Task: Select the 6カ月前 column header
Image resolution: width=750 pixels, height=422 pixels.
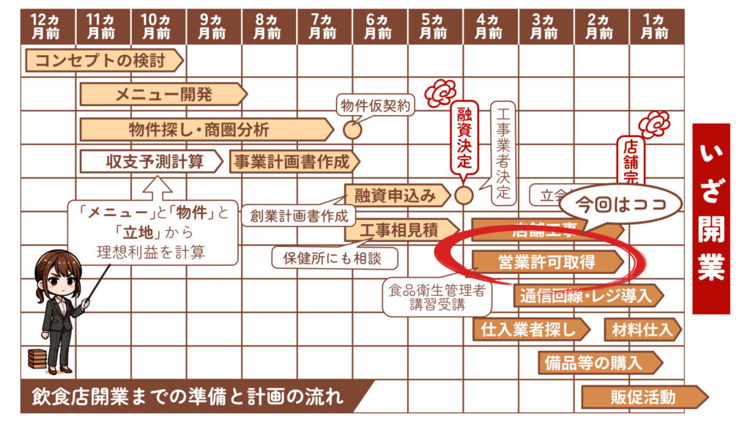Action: [x=379, y=26]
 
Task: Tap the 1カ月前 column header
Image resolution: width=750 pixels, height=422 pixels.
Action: [x=656, y=26]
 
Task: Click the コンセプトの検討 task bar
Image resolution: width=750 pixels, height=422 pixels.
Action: [x=103, y=61]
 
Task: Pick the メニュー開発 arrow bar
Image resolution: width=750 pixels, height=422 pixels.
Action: [x=163, y=94]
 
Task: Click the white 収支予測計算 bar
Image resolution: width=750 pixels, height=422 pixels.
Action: [x=153, y=161]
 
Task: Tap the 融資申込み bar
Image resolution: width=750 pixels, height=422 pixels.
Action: [x=396, y=195]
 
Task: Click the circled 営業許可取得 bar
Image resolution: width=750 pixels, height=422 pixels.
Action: [x=546, y=262]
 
